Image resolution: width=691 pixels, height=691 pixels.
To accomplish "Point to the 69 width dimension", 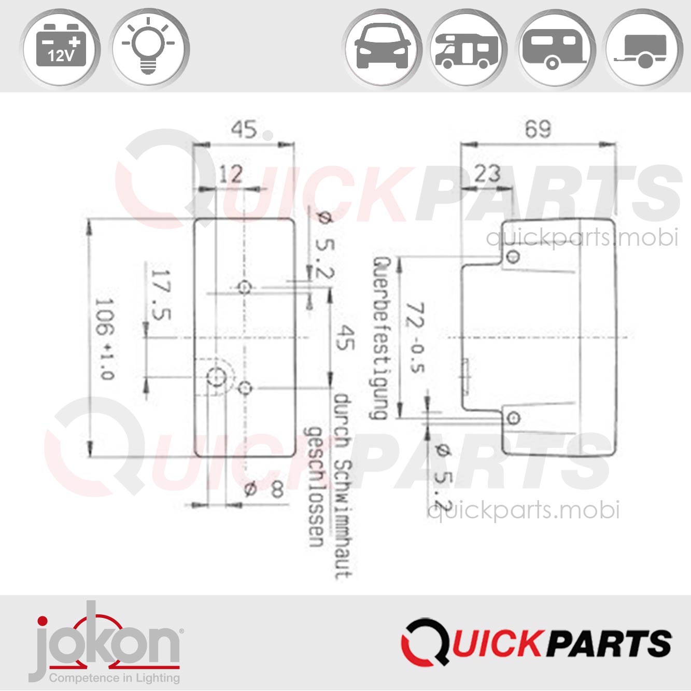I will point(538,129).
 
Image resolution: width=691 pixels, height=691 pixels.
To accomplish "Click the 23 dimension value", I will point(487,174).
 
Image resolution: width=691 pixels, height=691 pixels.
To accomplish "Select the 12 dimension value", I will point(230,174).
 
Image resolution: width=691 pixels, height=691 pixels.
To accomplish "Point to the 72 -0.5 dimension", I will point(416,338).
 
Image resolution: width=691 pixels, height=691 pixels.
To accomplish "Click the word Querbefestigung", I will point(380,338).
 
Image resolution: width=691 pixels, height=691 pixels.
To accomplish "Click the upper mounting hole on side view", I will point(513,256).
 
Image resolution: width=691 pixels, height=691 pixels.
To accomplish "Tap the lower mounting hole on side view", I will point(514,418).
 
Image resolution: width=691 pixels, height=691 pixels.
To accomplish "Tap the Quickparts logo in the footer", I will point(537,643).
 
